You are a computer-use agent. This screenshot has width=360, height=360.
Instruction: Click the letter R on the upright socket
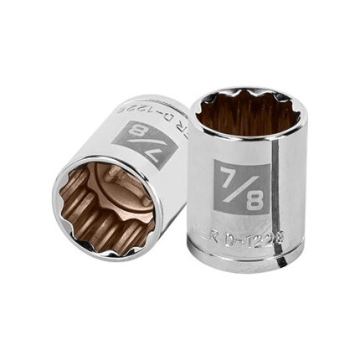[x=221, y=237]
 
